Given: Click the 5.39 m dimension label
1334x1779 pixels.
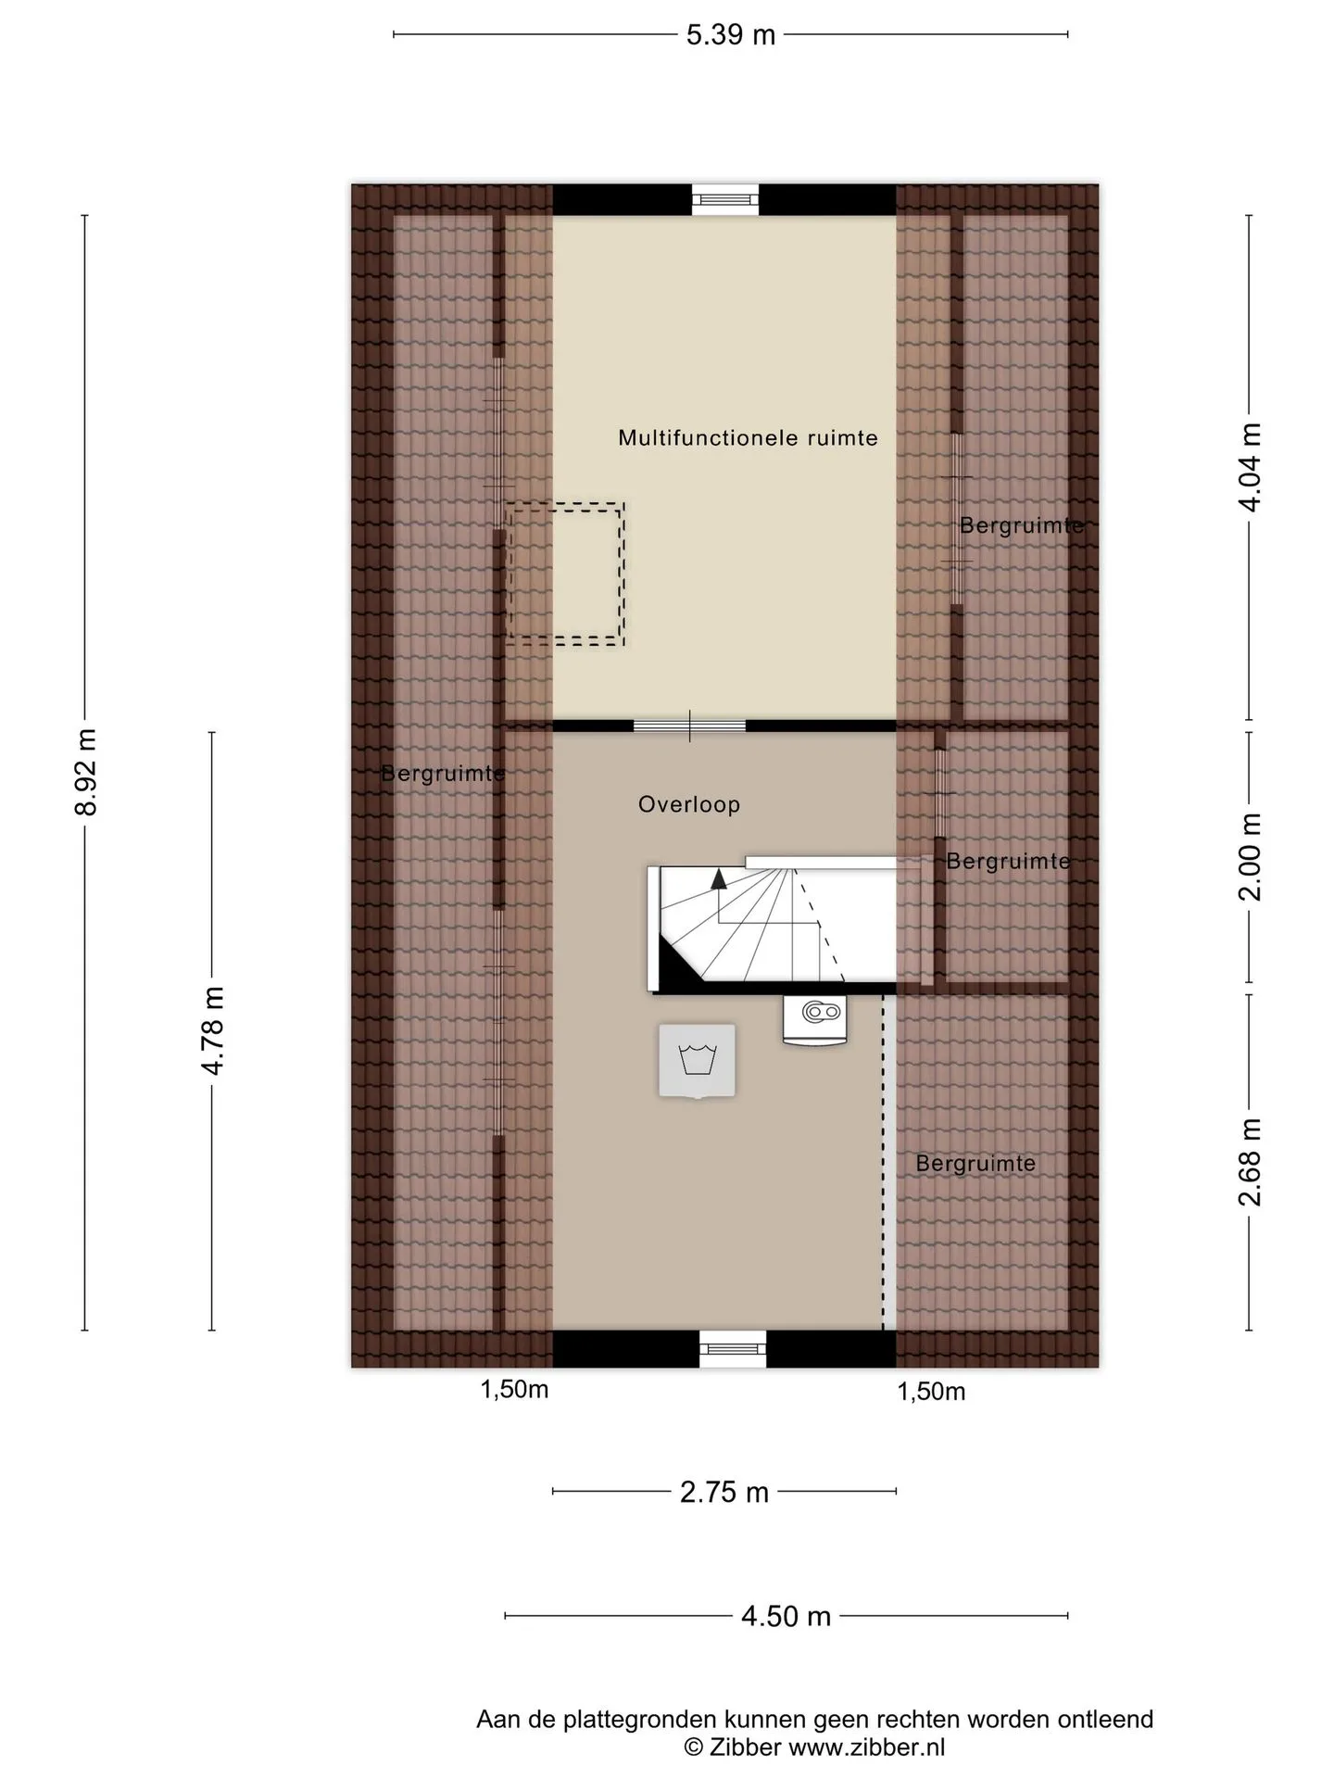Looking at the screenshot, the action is pyautogui.click(x=730, y=35).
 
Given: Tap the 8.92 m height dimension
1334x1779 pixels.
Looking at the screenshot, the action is pyautogui.click(x=85, y=772).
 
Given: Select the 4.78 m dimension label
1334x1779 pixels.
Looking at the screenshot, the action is pyautogui.click(x=212, y=1030).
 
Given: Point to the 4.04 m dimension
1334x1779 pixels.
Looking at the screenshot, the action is pyautogui.click(x=1250, y=467).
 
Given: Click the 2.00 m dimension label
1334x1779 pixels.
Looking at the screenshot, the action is pyautogui.click(x=1250, y=857).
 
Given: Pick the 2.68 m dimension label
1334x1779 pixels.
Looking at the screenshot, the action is pyautogui.click(x=1250, y=1162).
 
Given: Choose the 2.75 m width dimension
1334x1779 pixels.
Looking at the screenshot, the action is pyautogui.click(x=724, y=1492).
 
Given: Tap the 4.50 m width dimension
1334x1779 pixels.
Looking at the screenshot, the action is pyautogui.click(x=786, y=1616).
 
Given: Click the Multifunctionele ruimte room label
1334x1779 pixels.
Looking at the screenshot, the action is pyautogui.click(x=748, y=437).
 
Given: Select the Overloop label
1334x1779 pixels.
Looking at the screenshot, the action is pyautogui.click(x=689, y=804).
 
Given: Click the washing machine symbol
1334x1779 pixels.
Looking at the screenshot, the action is pyautogui.click(x=697, y=1061).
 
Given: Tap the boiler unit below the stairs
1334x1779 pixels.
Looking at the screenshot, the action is pyautogui.click(x=815, y=1018).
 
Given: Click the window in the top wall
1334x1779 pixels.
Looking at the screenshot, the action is pyautogui.click(x=725, y=199).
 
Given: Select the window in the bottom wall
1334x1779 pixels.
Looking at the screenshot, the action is pyautogui.click(x=733, y=1349).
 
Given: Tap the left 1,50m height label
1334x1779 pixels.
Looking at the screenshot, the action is pyautogui.click(x=514, y=1390).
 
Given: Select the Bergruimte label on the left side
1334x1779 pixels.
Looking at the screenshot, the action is pyautogui.click(x=443, y=773).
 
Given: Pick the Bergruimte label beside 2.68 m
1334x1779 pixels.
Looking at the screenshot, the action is pyautogui.click(x=975, y=1163).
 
